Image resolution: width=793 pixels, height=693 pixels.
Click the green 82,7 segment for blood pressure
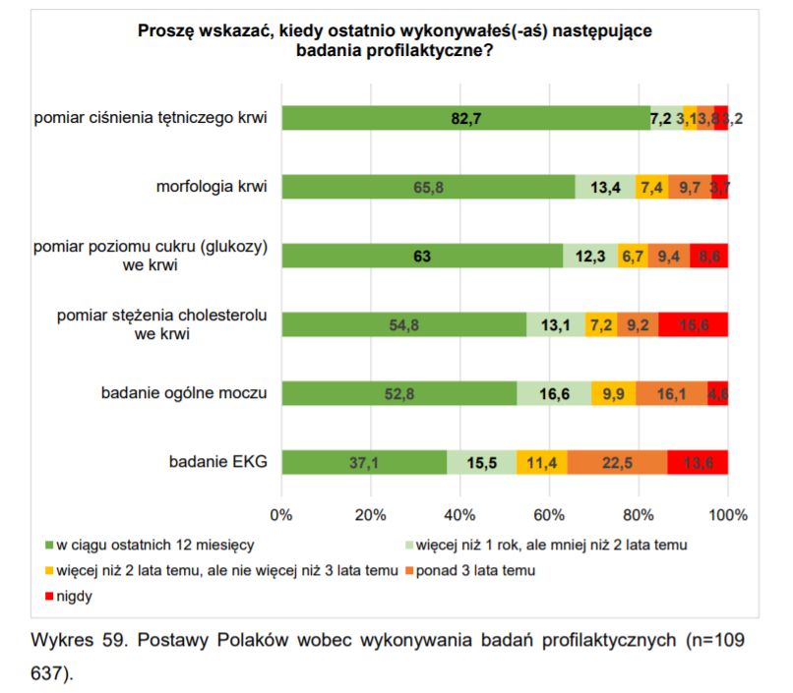(465, 118)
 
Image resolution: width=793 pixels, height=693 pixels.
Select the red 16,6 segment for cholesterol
(693, 324)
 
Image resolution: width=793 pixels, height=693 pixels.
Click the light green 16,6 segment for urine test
(554, 393)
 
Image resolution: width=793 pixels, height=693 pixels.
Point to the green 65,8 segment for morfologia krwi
(428, 187)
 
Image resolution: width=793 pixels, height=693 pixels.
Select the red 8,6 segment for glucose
(708, 256)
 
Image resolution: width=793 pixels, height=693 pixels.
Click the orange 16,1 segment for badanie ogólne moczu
(671, 393)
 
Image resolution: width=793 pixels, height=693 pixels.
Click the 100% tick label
(728, 514)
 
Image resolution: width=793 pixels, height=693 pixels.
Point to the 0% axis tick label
(281, 514)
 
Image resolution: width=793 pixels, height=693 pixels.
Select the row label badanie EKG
(217, 462)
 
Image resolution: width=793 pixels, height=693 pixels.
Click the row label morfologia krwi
(212, 187)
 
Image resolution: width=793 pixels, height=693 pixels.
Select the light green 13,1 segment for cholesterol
(556, 324)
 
